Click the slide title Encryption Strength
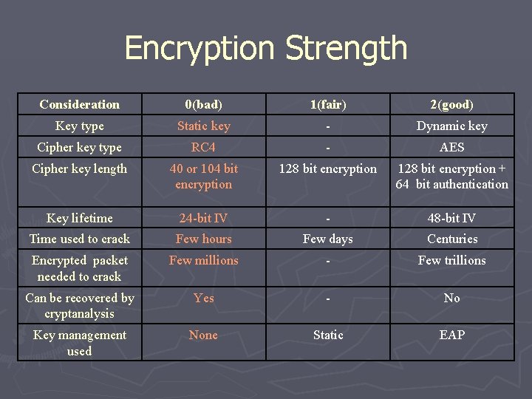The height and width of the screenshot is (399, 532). [266, 49]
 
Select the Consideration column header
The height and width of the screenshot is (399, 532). [79, 104]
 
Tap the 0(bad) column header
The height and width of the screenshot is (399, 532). [203, 104]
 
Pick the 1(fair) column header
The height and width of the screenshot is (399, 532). [327, 104]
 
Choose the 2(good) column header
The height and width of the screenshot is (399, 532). [451, 104]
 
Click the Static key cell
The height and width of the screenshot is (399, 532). [203, 126]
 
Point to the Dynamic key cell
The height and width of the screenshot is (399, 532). [451, 126]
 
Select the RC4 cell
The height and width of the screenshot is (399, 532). [203, 147]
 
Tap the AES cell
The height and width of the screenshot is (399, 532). [451, 147]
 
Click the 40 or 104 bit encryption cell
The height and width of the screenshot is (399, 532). [203, 177]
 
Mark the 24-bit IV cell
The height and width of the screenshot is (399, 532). [203, 218]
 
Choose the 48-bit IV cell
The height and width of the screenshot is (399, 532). [451, 218]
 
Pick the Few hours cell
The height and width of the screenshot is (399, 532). [203, 239]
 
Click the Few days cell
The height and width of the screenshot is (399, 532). [327, 239]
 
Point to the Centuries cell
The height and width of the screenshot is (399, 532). [451, 239]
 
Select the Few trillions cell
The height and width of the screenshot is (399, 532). [451, 260]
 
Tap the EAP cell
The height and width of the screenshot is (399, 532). [451, 335]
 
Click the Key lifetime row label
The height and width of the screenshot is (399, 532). [79, 218]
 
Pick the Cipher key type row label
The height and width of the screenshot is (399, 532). [79, 147]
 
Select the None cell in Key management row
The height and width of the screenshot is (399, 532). [203, 335]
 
